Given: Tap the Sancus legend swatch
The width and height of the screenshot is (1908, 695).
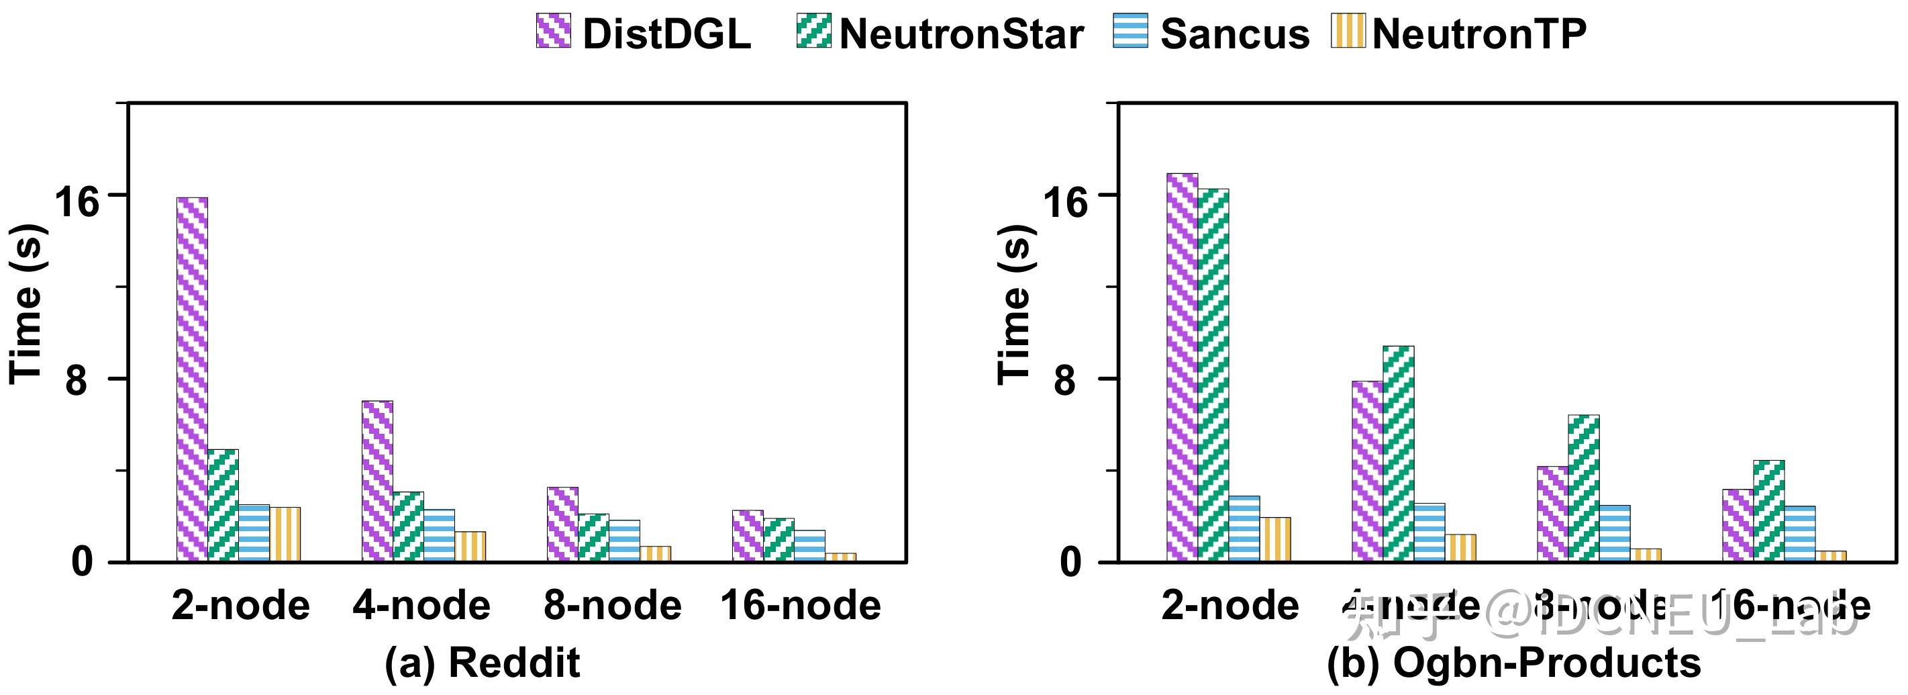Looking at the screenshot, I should pos(1130,31).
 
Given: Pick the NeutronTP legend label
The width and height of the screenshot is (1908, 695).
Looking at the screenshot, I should pos(1479,34).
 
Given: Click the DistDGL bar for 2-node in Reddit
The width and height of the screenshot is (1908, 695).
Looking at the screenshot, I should pos(193,379).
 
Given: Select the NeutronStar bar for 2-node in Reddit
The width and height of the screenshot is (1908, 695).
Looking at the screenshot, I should pos(223,506).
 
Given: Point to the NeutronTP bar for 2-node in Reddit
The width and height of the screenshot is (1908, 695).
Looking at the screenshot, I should pos(285,535).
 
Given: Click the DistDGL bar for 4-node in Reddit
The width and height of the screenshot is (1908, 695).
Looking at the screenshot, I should pos(377,481).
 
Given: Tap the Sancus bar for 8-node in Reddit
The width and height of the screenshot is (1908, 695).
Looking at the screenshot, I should pos(624,541).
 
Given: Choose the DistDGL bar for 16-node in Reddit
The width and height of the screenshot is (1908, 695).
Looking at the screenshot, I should pos(748,536).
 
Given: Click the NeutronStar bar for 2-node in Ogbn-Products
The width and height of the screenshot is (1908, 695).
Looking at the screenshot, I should pos(1213,375).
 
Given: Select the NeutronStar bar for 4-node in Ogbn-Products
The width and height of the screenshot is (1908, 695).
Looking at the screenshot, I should pos(1398,453).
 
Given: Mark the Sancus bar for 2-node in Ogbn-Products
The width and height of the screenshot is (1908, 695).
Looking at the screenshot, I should pos(1244,528).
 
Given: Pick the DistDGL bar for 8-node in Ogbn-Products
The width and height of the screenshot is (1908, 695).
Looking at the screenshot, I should pos(1552,514).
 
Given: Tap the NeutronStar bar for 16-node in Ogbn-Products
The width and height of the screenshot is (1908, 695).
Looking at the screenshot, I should pos(1769,510).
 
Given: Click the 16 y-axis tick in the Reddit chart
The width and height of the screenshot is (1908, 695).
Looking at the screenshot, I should pos(77,200).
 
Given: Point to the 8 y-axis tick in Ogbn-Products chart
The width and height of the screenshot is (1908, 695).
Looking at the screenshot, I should pos(1064,382).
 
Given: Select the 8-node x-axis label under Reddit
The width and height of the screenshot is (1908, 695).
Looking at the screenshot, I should pos(613,606).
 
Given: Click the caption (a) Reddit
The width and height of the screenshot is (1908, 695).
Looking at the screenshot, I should pos(482,662).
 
